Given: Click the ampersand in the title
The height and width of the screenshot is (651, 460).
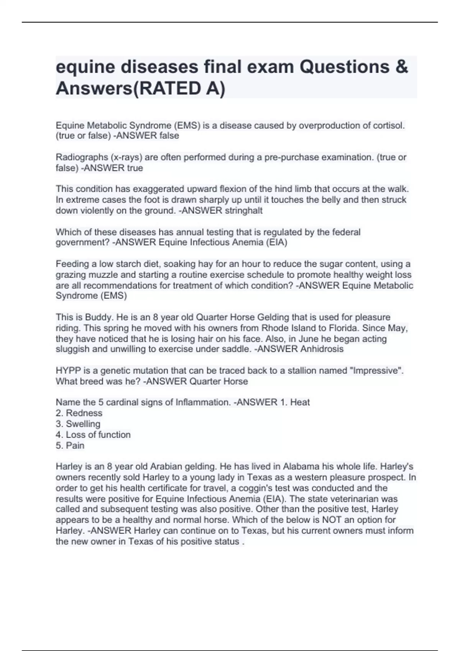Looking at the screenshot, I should [x=401, y=67].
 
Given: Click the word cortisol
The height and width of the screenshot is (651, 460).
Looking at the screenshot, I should [x=388, y=126].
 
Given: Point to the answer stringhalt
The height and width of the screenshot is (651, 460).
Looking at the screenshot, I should [x=243, y=211].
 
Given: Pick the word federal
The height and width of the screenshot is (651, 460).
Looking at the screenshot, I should [x=347, y=232].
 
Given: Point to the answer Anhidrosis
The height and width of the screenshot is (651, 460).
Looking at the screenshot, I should [x=322, y=349].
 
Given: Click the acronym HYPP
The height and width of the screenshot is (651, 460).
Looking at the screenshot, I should [x=68, y=371].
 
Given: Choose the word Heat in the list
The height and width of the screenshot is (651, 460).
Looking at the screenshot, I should [x=300, y=402].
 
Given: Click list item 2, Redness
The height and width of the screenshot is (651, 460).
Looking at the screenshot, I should [x=84, y=413].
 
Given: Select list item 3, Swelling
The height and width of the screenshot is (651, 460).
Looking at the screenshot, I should [x=83, y=424].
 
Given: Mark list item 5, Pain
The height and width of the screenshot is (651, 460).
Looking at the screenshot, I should [x=75, y=445].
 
